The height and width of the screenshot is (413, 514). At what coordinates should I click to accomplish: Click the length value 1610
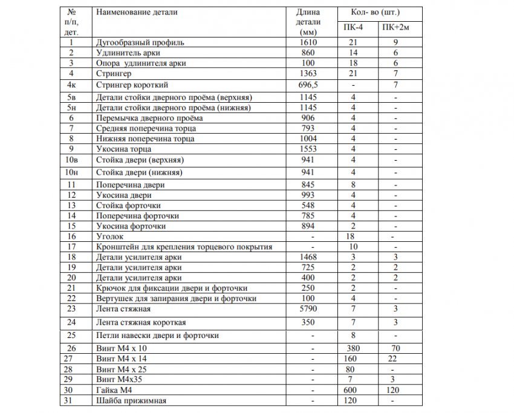coord(308,43)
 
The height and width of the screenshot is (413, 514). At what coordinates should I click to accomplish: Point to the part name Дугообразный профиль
coord(140,43)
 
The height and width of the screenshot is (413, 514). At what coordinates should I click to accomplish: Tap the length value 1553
coord(308,149)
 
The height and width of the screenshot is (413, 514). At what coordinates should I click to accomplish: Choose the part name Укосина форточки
coord(131,226)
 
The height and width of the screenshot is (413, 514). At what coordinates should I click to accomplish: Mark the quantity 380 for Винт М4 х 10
coord(354,349)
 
